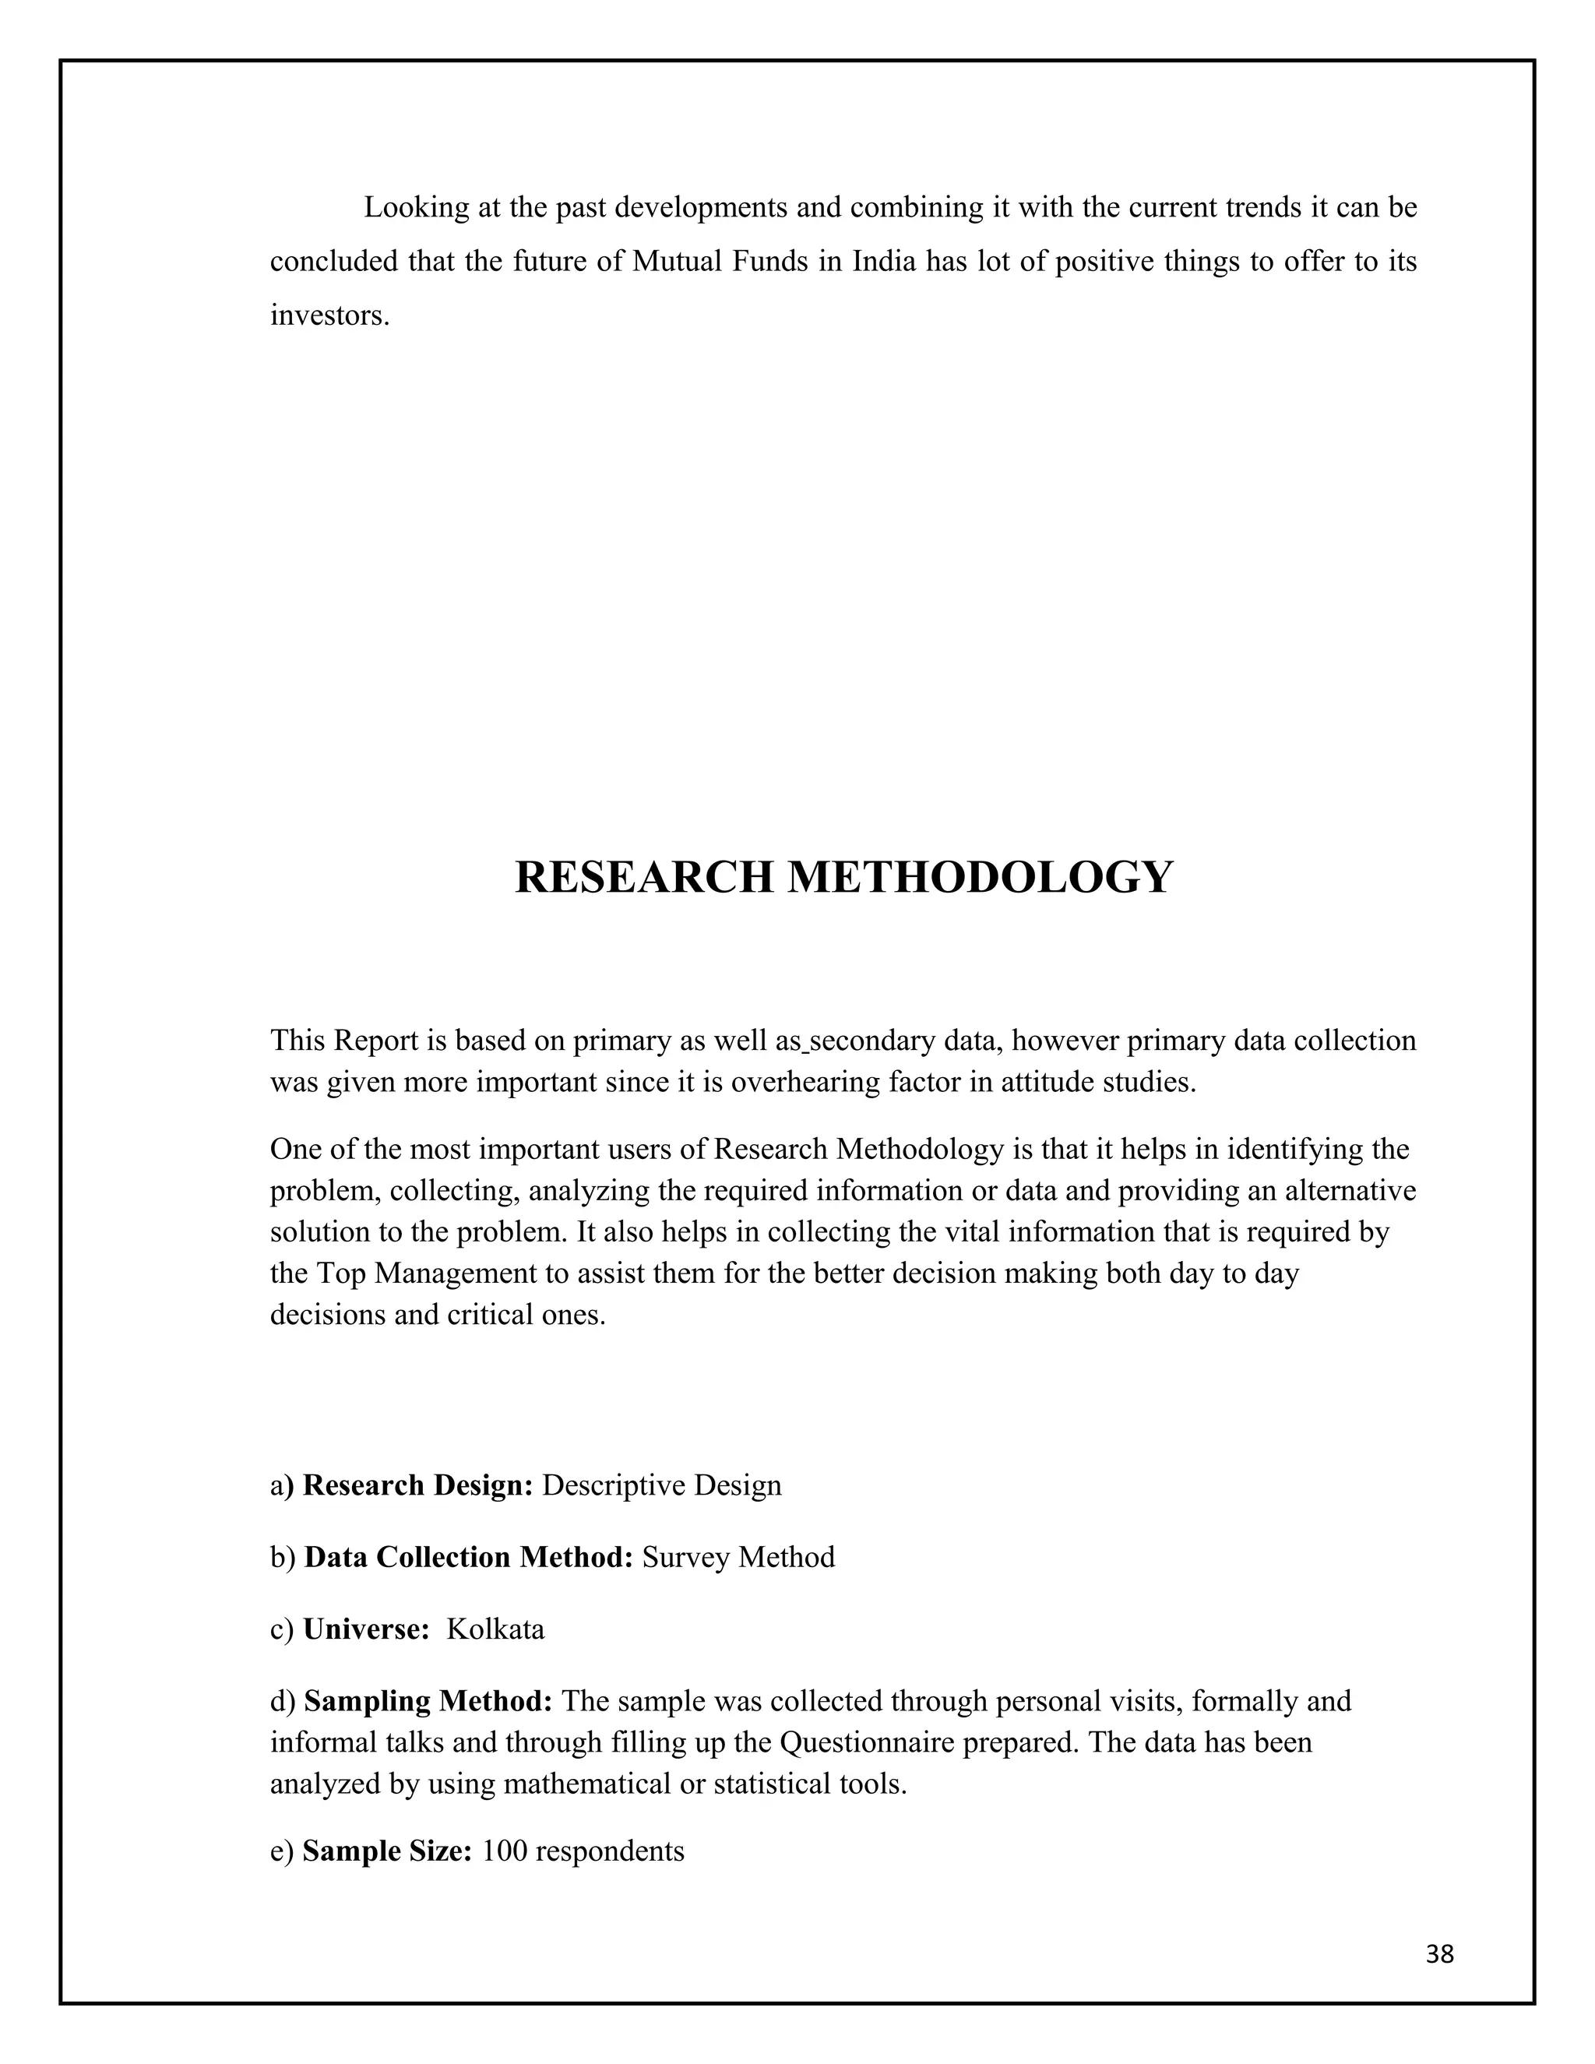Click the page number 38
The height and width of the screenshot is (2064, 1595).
coord(1439,1953)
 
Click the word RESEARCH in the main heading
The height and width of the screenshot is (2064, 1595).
coord(643,877)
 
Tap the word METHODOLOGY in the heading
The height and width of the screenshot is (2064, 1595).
coord(980,877)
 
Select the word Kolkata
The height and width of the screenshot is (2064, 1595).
coord(495,1629)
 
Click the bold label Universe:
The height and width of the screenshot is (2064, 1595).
coord(367,1629)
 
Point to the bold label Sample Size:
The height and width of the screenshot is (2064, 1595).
coord(386,1851)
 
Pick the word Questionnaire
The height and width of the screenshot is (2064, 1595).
coord(888,1742)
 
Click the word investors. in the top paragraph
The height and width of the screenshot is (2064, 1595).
coord(329,315)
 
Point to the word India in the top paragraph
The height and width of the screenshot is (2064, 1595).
coord(885,262)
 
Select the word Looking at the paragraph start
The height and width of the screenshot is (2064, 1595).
coord(417,208)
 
